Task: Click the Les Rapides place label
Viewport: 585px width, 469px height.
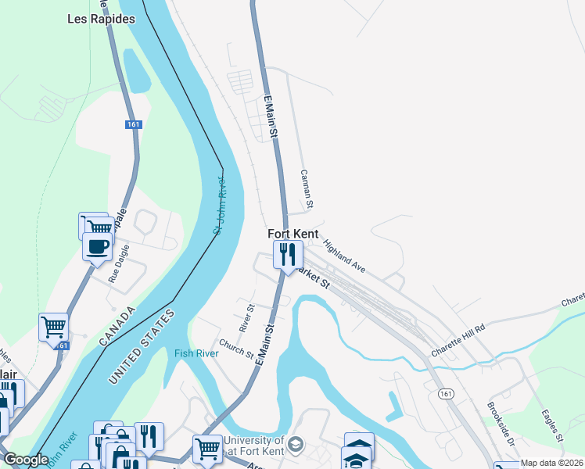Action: point(101,19)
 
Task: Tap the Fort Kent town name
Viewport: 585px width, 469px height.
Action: point(293,234)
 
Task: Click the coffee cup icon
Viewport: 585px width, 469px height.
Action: point(98,248)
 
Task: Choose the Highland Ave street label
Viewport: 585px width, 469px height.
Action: point(344,256)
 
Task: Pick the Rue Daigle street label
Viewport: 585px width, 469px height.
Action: point(117,263)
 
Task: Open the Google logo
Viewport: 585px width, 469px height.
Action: point(26,460)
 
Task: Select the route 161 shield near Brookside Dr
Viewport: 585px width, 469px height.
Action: point(446,393)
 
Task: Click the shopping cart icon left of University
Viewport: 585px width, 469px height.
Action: point(207,449)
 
